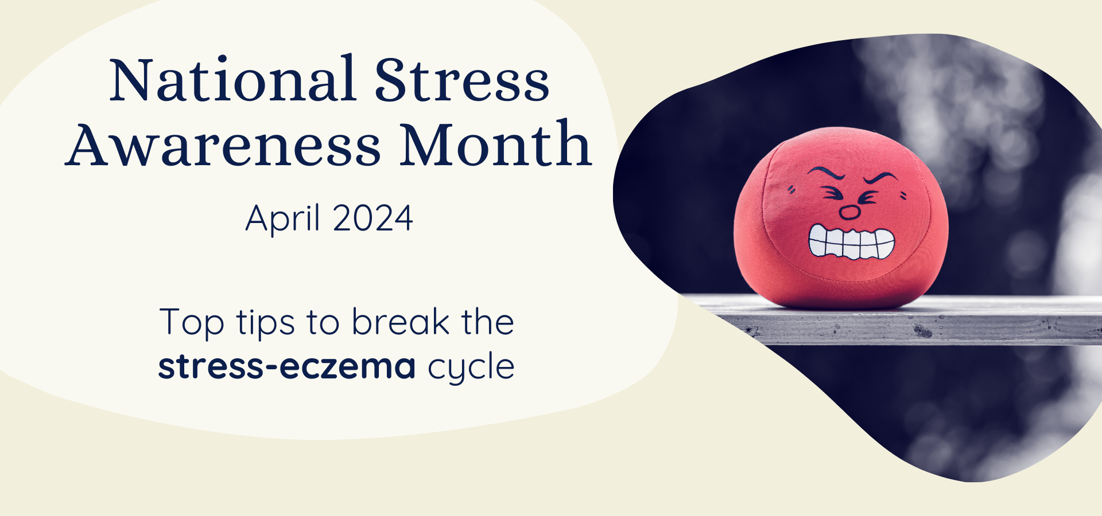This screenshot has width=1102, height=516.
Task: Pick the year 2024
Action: pyautogui.click(x=372, y=218)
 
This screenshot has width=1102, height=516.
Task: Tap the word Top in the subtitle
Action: pyautogui.click(x=192, y=323)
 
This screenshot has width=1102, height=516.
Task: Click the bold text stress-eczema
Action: pyautogui.click(x=287, y=367)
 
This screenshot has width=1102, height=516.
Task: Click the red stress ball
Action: pyautogui.click(x=841, y=218)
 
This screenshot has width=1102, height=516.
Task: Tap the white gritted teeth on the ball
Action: pyautogui.click(x=852, y=243)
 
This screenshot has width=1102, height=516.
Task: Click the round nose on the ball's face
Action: pyautogui.click(x=849, y=213)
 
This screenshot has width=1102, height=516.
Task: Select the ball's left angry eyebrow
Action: pyautogui.click(x=826, y=173)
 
